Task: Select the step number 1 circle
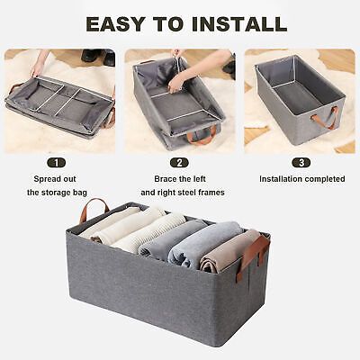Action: (58, 163)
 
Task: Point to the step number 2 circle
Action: (180, 163)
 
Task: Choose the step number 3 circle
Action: (301, 163)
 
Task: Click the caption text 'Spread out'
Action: (58, 179)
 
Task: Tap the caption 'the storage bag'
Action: (58, 193)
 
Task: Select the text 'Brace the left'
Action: (180, 179)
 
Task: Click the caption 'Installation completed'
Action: (301, 179)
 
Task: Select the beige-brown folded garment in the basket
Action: (228, 255)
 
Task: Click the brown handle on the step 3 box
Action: (325, 118)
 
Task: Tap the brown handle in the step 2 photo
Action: (202, 135)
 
